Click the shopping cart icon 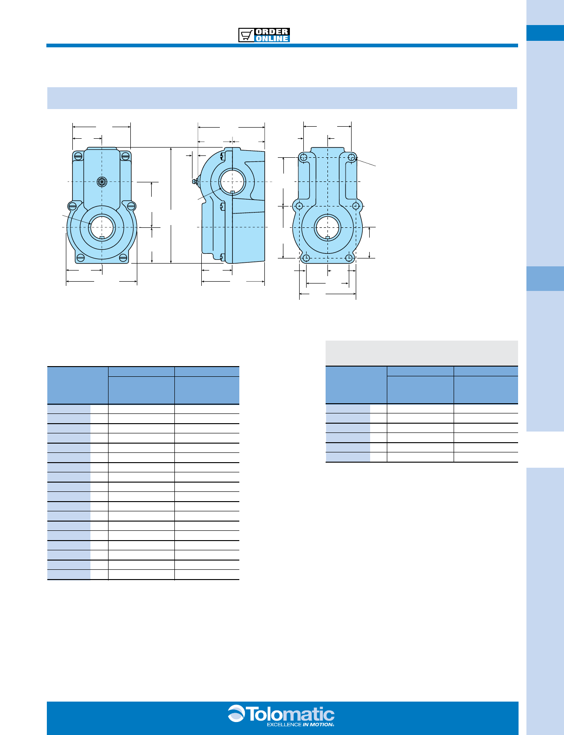[246, 35]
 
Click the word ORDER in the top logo [272, 32]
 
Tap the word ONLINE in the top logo [272, 39]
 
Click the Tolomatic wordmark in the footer [291, 715]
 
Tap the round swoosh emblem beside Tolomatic [236, 713]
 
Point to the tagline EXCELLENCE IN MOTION [301, 725]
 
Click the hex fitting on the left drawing [102, 182]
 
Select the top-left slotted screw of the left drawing [78, 156]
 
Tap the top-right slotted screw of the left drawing [125, 156]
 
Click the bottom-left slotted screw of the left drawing [80, 258]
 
